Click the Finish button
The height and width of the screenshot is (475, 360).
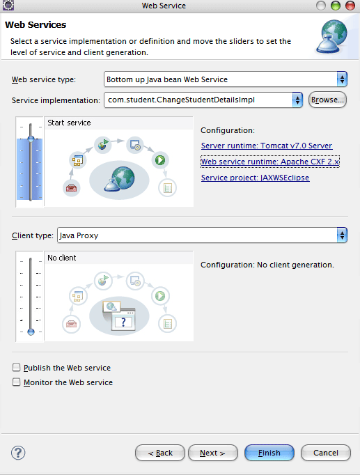[269, 453]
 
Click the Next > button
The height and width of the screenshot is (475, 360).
[212, 453]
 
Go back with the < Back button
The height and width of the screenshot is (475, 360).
[160, 453]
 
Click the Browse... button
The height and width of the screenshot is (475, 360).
[327, 100]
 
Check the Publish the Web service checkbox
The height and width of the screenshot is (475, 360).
[16, 368]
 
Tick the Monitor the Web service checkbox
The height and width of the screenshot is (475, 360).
[16, 382]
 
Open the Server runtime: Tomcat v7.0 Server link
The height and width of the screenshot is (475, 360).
[267, 146]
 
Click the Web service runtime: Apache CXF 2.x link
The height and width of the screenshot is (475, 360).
[269, 162]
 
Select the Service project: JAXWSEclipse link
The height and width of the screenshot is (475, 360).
[256, 178]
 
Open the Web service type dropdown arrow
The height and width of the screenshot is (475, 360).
[342, 79]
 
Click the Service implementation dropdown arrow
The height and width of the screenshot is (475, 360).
[297, 100]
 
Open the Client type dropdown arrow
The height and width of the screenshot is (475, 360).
[342, 235]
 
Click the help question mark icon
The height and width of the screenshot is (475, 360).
[18, 453]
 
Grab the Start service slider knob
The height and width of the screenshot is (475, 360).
[31, 139]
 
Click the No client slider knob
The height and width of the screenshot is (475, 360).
[31, 332]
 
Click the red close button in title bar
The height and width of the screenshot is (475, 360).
[350, 6]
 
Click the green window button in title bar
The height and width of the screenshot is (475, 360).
[336, 6]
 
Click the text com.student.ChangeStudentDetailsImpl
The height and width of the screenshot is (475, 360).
[181, 100]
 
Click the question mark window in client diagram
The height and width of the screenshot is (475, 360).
[123, 321]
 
